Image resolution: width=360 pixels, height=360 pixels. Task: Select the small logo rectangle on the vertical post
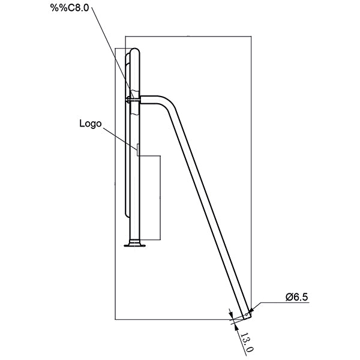[139, 151]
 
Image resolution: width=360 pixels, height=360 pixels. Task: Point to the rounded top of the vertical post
[136, 52]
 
